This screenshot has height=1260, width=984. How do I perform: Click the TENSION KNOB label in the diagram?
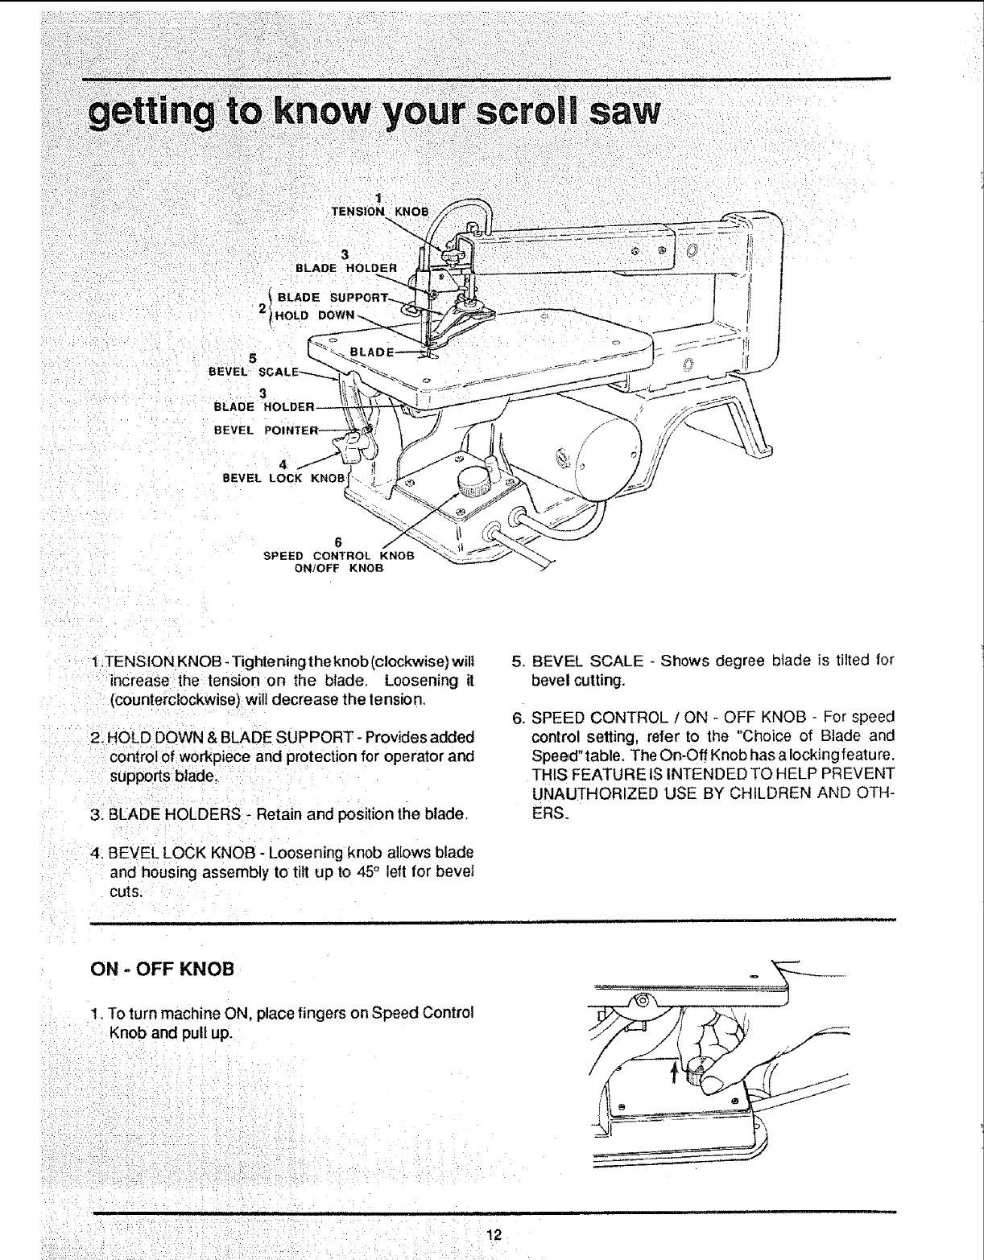pos(382,212)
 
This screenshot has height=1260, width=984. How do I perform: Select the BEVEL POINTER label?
pos(266,429)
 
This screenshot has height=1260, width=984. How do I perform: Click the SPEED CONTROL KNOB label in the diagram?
pos(339,555)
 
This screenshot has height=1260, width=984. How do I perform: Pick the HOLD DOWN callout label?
pos(314,315)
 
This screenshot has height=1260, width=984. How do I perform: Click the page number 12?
pos(494,1235)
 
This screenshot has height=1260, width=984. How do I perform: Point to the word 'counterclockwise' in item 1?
pos(176,700)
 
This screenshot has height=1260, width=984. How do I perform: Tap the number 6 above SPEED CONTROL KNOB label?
pos(339,541)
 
